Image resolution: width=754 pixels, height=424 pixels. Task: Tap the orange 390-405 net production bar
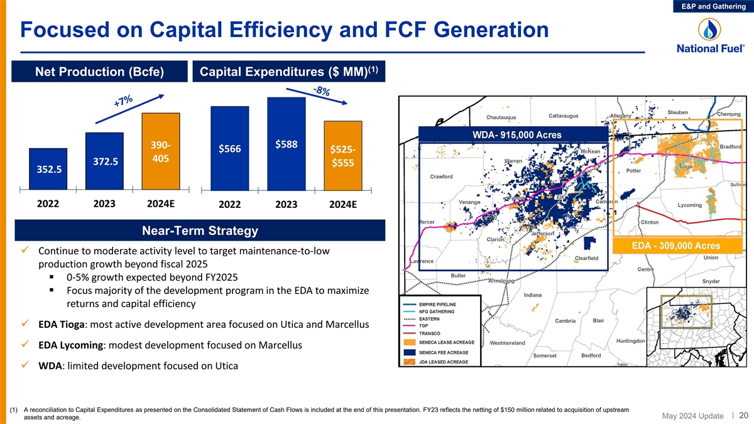(161, 151)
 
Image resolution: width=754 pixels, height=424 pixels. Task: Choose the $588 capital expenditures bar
(287, 143)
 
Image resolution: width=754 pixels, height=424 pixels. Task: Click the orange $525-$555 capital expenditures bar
(343, 155)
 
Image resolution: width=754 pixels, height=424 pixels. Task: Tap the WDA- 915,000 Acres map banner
(512, 135)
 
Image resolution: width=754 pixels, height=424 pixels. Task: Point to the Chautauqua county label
(501, 117)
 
